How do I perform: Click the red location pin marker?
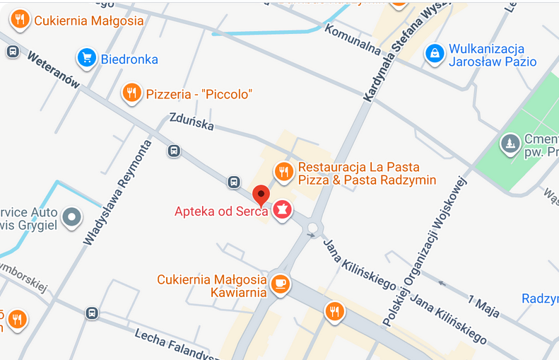(x=261, y=195)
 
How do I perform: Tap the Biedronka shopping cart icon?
(x=86, y=57)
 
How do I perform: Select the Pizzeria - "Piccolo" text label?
(x=199, y=94)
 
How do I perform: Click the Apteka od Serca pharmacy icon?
(x=283, y=209)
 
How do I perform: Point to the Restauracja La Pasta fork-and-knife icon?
(x=283, y=171)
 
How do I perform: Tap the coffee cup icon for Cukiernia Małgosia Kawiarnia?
(x=281, y=284)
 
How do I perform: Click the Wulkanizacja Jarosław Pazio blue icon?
(x=434, y=52)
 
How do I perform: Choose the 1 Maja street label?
(x=483, y=304)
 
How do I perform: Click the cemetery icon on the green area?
(x=510, y=144)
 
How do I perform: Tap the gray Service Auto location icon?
(x=71, y=217)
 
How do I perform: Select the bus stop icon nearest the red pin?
(x=234, y=182)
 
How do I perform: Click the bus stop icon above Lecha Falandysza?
(x=92, y=313)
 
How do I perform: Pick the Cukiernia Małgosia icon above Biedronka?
(x=20, y=19)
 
